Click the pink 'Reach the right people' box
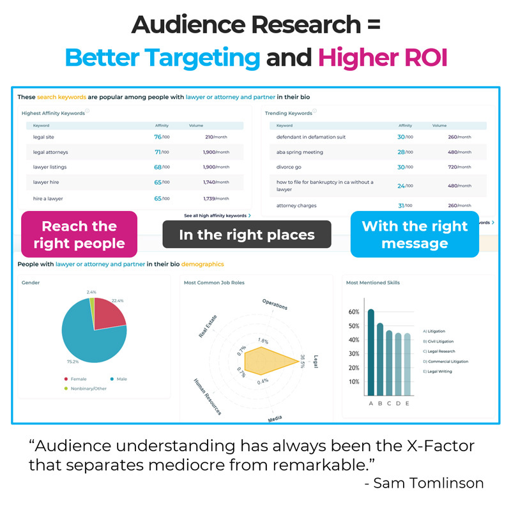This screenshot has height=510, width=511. (x=79, y=235)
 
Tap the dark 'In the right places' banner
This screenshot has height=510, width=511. (x=247, y=235)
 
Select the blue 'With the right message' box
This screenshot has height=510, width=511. (x=415, y=235)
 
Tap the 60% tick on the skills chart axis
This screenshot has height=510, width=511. (x=353, y=312)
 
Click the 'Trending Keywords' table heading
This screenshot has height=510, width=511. (x=289, y=113)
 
